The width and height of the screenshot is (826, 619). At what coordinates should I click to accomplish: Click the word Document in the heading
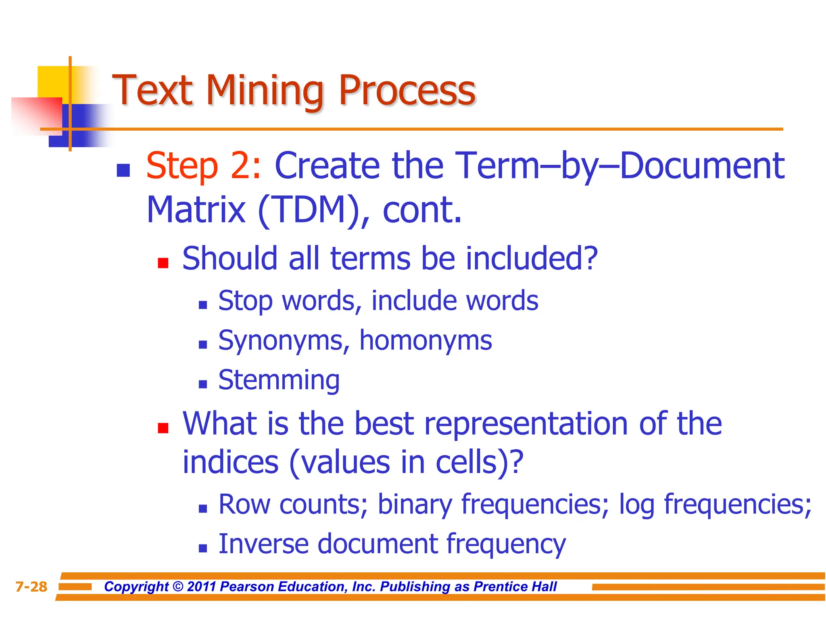click(x=702, y=166)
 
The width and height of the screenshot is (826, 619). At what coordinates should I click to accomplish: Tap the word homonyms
click(x=426, y=341)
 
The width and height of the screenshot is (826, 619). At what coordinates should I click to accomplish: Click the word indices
click(x=230, y=462)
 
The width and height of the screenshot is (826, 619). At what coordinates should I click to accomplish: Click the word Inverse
click(x=263, y=544)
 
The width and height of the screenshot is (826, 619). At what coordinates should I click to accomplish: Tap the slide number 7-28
click(x=31, y=587)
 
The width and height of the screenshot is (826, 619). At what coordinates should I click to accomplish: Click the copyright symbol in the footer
click(x=177, y=587)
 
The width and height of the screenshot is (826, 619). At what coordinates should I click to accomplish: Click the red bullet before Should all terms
click(x=163, y=263)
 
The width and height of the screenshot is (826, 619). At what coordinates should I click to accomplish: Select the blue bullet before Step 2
click(x=123, y=170)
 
